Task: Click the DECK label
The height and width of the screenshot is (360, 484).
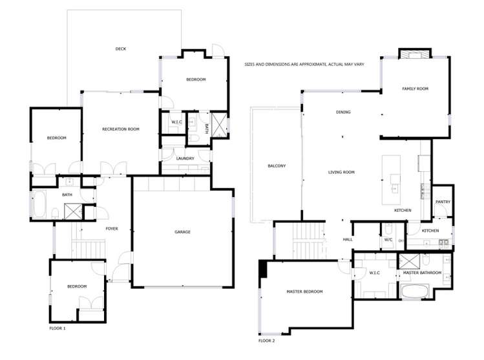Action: tap(121, 48)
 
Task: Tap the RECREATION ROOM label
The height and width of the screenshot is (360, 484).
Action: tap(121, 129)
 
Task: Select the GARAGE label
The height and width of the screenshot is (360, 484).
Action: tap(182, 232)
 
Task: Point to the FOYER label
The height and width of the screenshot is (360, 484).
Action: tap(112, 229)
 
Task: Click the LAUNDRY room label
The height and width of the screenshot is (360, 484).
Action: tap(185, 158)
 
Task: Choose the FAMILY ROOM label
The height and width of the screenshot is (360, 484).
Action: tap(415, 89)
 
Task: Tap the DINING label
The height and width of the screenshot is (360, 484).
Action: tap(343, 112)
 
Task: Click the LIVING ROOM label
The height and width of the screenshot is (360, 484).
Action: tap(341, 173)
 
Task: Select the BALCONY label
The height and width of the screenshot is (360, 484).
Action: tap(277, 166)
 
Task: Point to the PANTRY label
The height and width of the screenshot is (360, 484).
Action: tap(443, 202)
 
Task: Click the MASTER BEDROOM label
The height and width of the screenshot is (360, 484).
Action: tap(304, 291)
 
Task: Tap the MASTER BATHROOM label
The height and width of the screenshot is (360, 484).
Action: tap(422, 273)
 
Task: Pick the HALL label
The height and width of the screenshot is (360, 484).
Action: tap(348, 240)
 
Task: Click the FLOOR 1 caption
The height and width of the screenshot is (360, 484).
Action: tap(58, 328)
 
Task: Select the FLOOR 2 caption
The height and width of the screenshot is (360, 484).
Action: tap(267, 341)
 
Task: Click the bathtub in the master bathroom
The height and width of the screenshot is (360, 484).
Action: tap(414, 291)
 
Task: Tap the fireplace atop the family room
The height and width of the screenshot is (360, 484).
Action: tap(415, 54)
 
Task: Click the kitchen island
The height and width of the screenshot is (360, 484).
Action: tap(391, 180)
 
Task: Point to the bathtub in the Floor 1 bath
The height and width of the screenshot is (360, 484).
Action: tap(39, 204)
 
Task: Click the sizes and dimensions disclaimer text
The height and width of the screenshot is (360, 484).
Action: tap(304, 65)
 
